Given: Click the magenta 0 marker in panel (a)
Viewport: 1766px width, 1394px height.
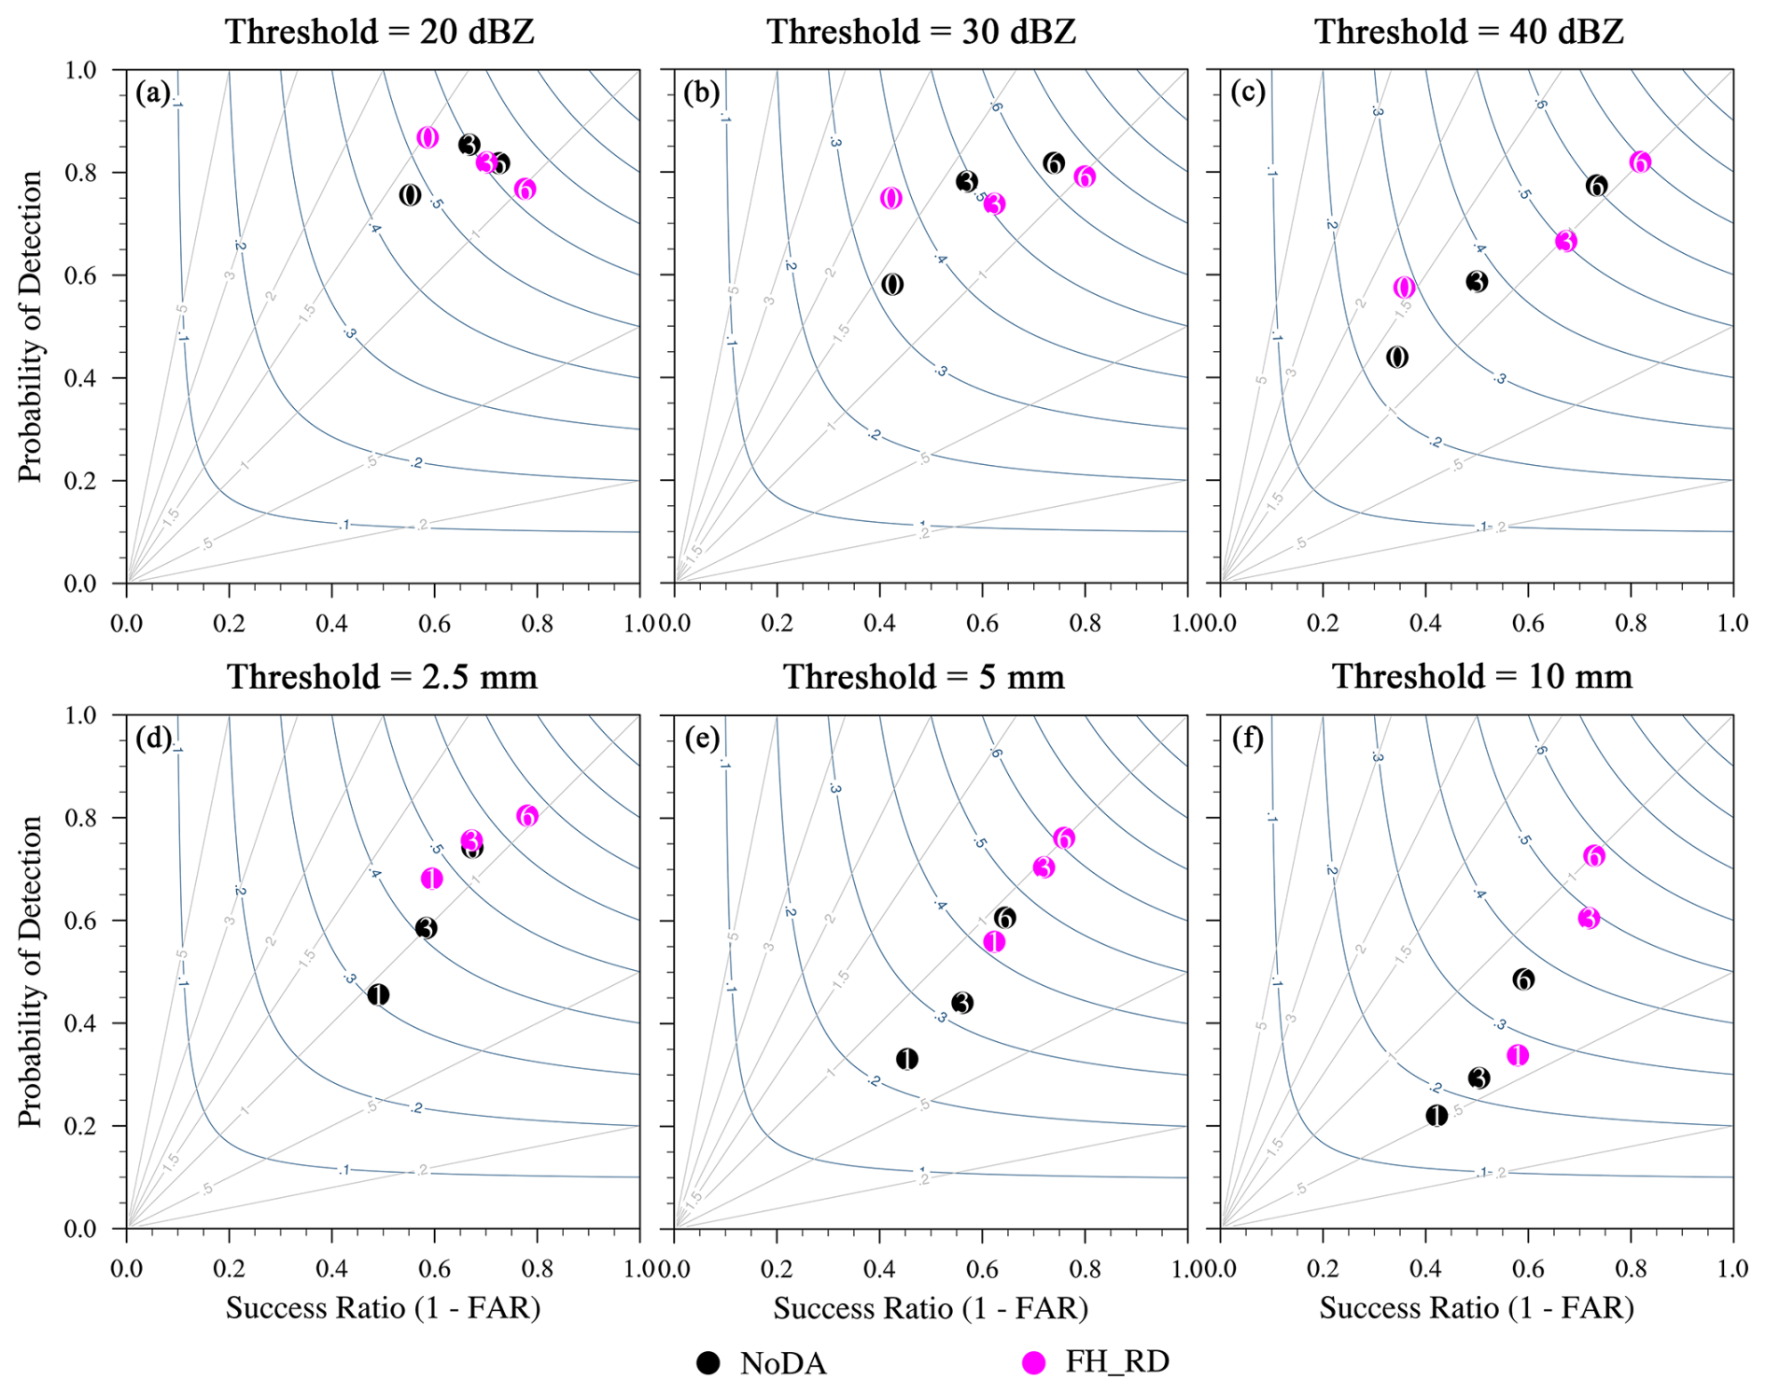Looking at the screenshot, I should [x=427, y=138].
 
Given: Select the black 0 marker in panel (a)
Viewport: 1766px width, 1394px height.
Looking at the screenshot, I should [x=410, y=195].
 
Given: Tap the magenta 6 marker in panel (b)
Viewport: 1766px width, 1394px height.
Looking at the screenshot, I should [x=1084, y=176].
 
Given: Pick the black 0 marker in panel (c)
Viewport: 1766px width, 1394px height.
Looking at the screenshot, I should [x=1396, y=357].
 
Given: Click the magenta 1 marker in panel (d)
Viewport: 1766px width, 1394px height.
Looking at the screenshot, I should [x=431, y=879].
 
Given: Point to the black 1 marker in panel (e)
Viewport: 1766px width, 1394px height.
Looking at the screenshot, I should [x=906, y=1059].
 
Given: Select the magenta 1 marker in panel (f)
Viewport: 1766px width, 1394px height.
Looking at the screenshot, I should [x=1518, y=1055].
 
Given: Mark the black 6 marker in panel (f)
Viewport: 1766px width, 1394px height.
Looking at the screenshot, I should [x=1523, y=979].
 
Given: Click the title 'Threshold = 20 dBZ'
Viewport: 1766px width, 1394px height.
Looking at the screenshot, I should [x=380, y=32].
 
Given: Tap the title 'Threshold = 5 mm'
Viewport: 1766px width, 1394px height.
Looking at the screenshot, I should [x=923, y=677].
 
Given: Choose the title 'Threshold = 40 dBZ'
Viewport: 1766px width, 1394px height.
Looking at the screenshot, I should [x=1469, y=32].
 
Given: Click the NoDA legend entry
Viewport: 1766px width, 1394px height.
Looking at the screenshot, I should [x=762, y=1363].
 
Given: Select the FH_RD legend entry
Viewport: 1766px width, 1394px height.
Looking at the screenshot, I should [x=1096, y=1362].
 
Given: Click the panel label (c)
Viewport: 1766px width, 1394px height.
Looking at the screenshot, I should [x=1248, y=92].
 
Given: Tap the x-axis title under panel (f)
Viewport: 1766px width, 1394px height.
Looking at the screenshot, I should [x=1476, y=1308].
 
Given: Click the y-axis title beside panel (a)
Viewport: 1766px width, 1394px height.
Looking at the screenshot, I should [x=31, y=326].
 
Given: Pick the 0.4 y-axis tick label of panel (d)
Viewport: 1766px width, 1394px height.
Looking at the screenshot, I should [x=83, y=1023].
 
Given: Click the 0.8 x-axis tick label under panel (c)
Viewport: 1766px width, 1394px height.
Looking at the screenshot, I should [x=1631, y=622].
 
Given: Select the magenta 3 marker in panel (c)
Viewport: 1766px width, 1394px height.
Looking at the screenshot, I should [x=1565, y=242].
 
